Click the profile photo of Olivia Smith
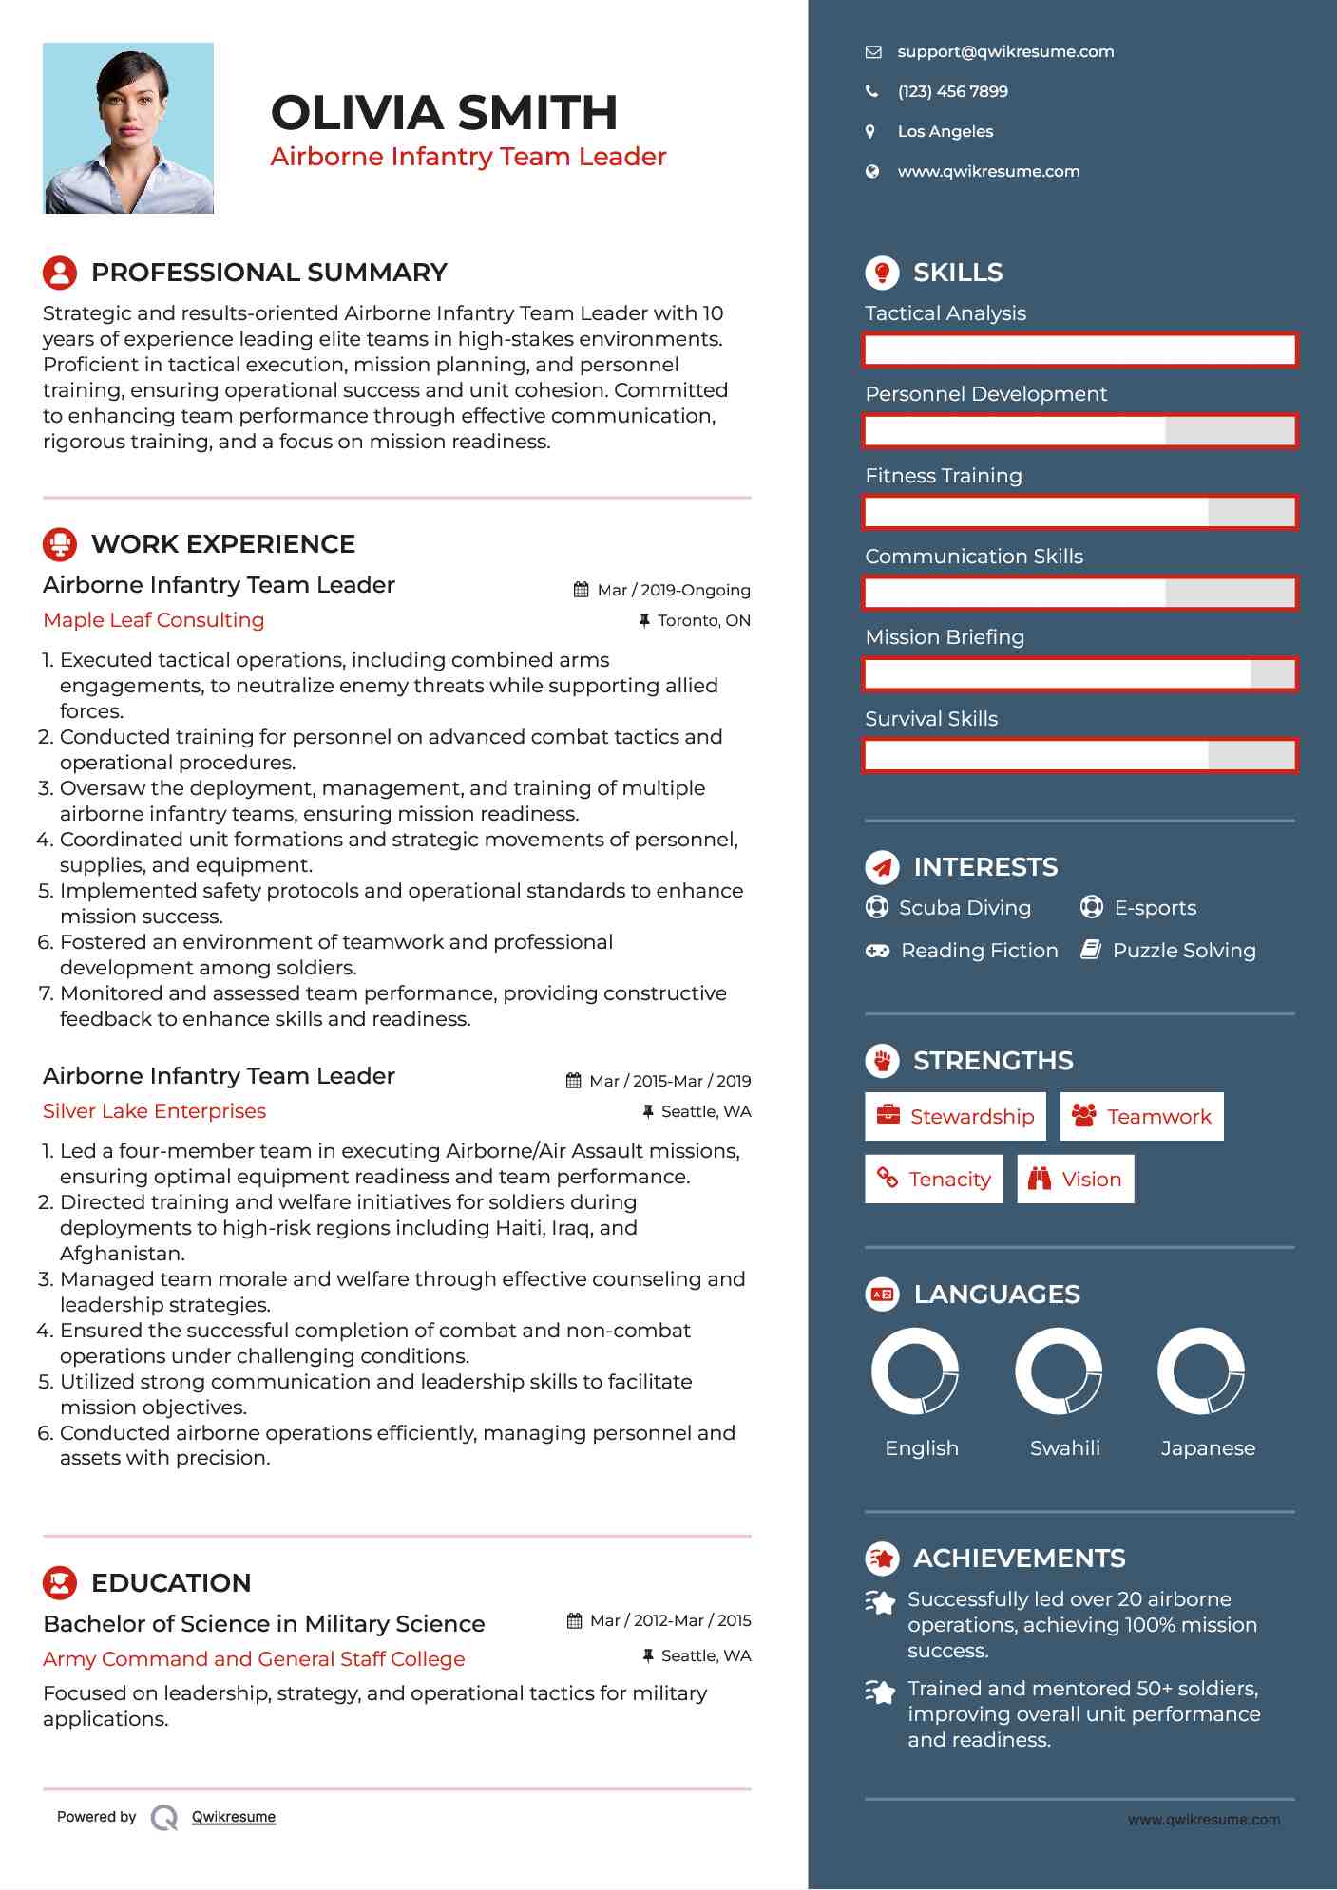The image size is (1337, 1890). pyautogui.click(x=128, y=128)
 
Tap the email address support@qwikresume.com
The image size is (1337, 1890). pyautogui.click(x=1005, y=52)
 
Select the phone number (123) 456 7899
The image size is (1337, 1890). pyautogui.click(x=952, y=92)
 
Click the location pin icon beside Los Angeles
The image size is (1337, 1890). pyautogui.click(x=870, y=132)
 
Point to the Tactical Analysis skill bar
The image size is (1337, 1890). pyautogui.click(x=1079, y=350)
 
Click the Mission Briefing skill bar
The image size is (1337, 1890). pyautogui.click(x=1079, y=674)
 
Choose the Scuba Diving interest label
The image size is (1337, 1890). pyautogui.click(x=965, y=908)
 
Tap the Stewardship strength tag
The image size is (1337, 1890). pyautogui.click(x=955, y=1117)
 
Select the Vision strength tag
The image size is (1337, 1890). pyautogui.click(x=1076, y=1180)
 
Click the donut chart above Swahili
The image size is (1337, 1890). pyautogui.click(x=1059, y=1371)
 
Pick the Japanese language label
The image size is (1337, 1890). pyautogui.click(x=1208, y=1448)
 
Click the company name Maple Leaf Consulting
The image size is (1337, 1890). pyautogui.click(x=154, y=620)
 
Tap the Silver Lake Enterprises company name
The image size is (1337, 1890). pyautogui.click(x=155, y=1111)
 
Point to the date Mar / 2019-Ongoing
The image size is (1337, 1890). pyautogui.click(x=673, y=591)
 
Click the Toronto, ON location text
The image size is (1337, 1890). pyautogui.click(x=703, y=621)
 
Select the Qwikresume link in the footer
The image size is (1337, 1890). pyautogui.click(x=234, y=1817)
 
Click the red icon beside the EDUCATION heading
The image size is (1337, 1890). pyautogui.click(x=60, y=1583)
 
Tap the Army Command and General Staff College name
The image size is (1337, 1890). pyautogui.click(x=254, y=1659)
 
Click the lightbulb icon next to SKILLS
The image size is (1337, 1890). pyautogui.click(x=882, y=273)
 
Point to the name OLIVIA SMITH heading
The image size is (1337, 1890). pyautogui.click(x=445, y=113)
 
